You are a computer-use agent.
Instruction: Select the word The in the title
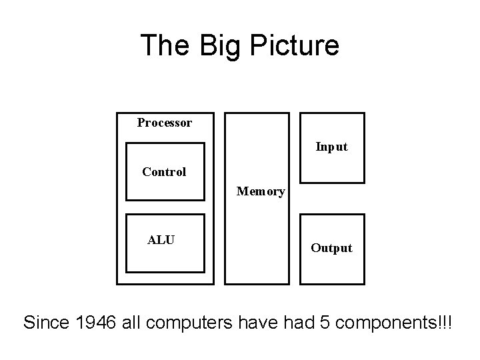[159, 45]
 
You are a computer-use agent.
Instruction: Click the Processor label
[165, 123]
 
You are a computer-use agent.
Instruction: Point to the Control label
[164, 172]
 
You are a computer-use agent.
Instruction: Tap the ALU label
[161, 240]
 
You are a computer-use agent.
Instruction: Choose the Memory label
[261, 192]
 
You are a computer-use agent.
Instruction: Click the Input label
[331, 147]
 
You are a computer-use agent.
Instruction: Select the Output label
[331, 248]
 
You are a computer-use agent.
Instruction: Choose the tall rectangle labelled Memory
[257, 233]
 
